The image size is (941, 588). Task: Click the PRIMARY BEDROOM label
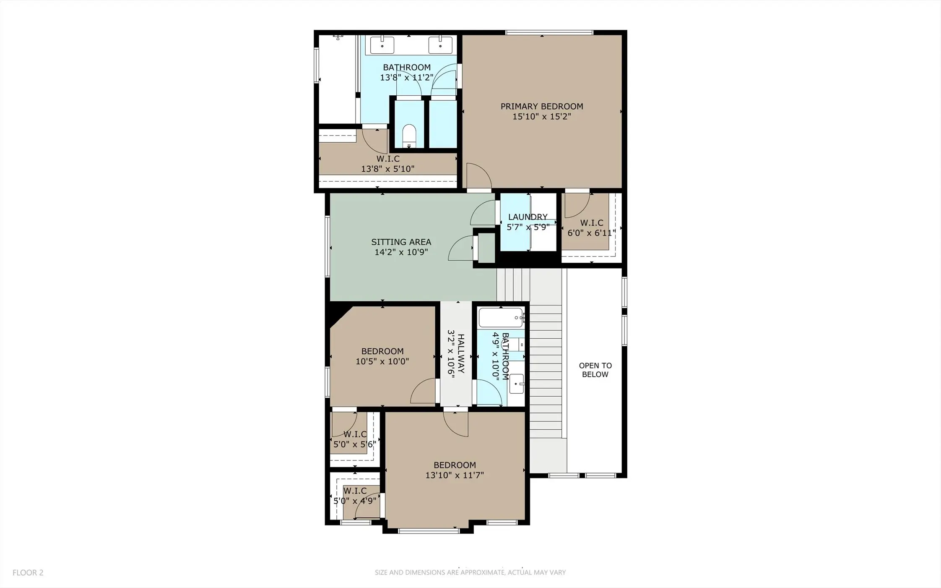542,106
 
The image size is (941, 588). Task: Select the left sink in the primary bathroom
382,45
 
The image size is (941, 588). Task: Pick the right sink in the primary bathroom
440,45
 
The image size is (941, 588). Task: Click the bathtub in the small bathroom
501,318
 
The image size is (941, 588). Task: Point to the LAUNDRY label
528,217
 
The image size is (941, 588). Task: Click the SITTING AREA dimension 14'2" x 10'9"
401,252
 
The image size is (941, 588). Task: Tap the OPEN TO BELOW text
595,370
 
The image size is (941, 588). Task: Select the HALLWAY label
461,353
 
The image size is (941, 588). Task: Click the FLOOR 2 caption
28,572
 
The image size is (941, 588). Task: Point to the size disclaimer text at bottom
470,572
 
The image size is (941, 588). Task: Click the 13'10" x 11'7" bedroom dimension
455,475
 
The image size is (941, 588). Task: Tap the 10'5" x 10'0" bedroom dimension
382,361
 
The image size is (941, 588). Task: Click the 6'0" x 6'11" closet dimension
592,233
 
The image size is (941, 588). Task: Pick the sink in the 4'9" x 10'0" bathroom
517,384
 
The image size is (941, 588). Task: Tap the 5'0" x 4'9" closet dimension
355,501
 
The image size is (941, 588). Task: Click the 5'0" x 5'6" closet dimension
355,444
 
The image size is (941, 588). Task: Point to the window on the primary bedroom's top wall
549,32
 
